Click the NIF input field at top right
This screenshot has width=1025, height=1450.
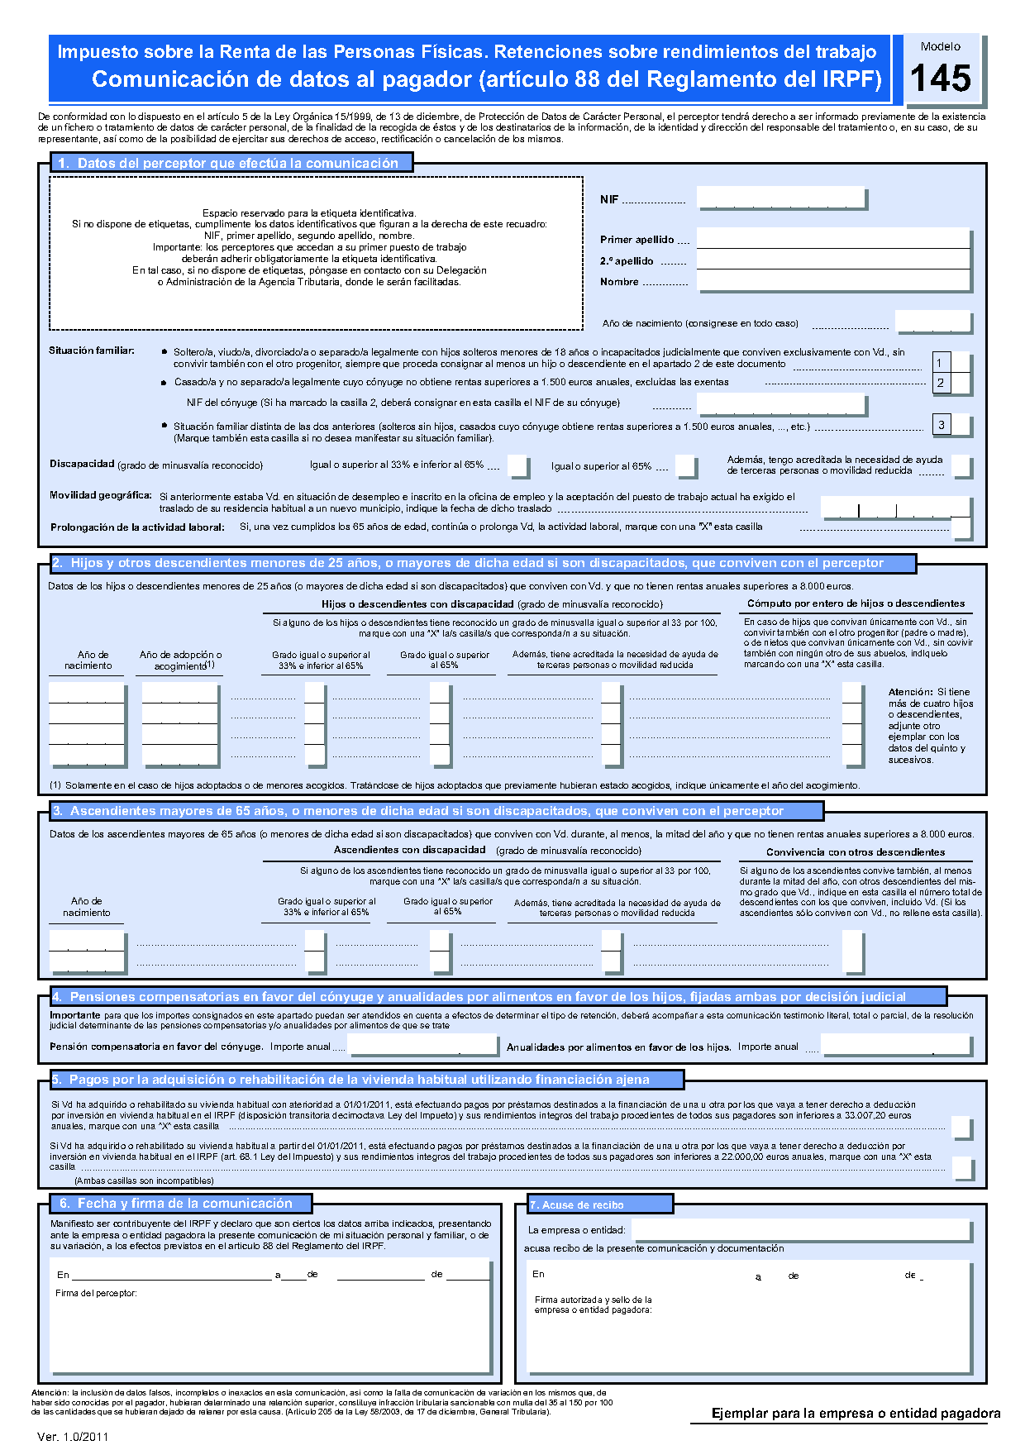pyautogui.click(x=781, y=198)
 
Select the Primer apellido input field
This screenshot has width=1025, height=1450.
pyautogui.click(x=832, y=239)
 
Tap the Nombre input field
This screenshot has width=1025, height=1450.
pyautogui.click(x=832, y=281)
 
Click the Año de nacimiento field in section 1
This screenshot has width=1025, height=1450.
pyautogui.click(x=932, y=322)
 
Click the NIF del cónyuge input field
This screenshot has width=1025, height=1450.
pyautogui.click(x=781, y=404)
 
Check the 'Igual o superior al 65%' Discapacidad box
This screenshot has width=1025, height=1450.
pyautogui.click(x=686, y=466)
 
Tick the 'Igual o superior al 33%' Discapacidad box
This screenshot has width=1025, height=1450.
pyautogui.click(x=518, y=466)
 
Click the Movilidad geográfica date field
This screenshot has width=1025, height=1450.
pyautogui.click(x=894, y=507)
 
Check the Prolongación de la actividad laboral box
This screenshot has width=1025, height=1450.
pyautogui.click(x=961, y=527)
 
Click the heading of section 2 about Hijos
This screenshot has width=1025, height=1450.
pyautogui.click(x=483, y=563)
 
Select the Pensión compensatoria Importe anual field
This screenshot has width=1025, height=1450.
pyautogui.click(x=422, y=1046)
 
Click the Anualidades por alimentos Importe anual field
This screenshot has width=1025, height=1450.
pyautogui.click(x=896, y=1046)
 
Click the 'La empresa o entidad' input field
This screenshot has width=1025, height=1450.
pyautogui.click(x=800, y=1230)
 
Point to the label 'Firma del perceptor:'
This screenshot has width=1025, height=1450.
pyautogui.click(x=96, y=1293)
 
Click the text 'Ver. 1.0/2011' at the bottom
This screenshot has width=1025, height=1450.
pyautogui.click(x=73, y=1437)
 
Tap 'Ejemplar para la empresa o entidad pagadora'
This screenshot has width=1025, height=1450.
pyautogui.click(x=856, y=1414)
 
